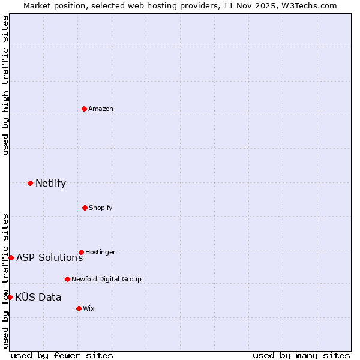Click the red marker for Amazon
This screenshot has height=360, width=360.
pos(85,109)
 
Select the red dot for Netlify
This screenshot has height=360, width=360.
pos(30,183)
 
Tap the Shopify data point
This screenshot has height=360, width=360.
pos(85,208)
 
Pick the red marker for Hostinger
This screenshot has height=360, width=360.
pos(81,252)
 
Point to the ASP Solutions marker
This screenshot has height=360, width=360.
pos(11,257)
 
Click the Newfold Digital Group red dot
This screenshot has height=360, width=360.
pos(67,279)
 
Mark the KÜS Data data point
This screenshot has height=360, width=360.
pos(10,297)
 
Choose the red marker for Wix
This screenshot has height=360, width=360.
pos(79,308)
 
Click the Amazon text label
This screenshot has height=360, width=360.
pos(101,109)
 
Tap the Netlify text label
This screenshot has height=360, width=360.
pos(50,184)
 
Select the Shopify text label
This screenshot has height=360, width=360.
pos(101,208)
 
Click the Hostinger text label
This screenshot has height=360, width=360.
pos(100,253)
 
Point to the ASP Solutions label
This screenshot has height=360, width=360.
pos(49,258)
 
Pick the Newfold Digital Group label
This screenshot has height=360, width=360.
pos(106,280)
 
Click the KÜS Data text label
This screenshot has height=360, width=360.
pos(38,298)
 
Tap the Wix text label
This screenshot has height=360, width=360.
pos(88,309)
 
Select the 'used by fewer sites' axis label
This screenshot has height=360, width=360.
pos(62,355)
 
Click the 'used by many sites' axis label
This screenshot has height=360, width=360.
pos(301,355)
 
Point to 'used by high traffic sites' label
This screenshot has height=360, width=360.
pos(5,85)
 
